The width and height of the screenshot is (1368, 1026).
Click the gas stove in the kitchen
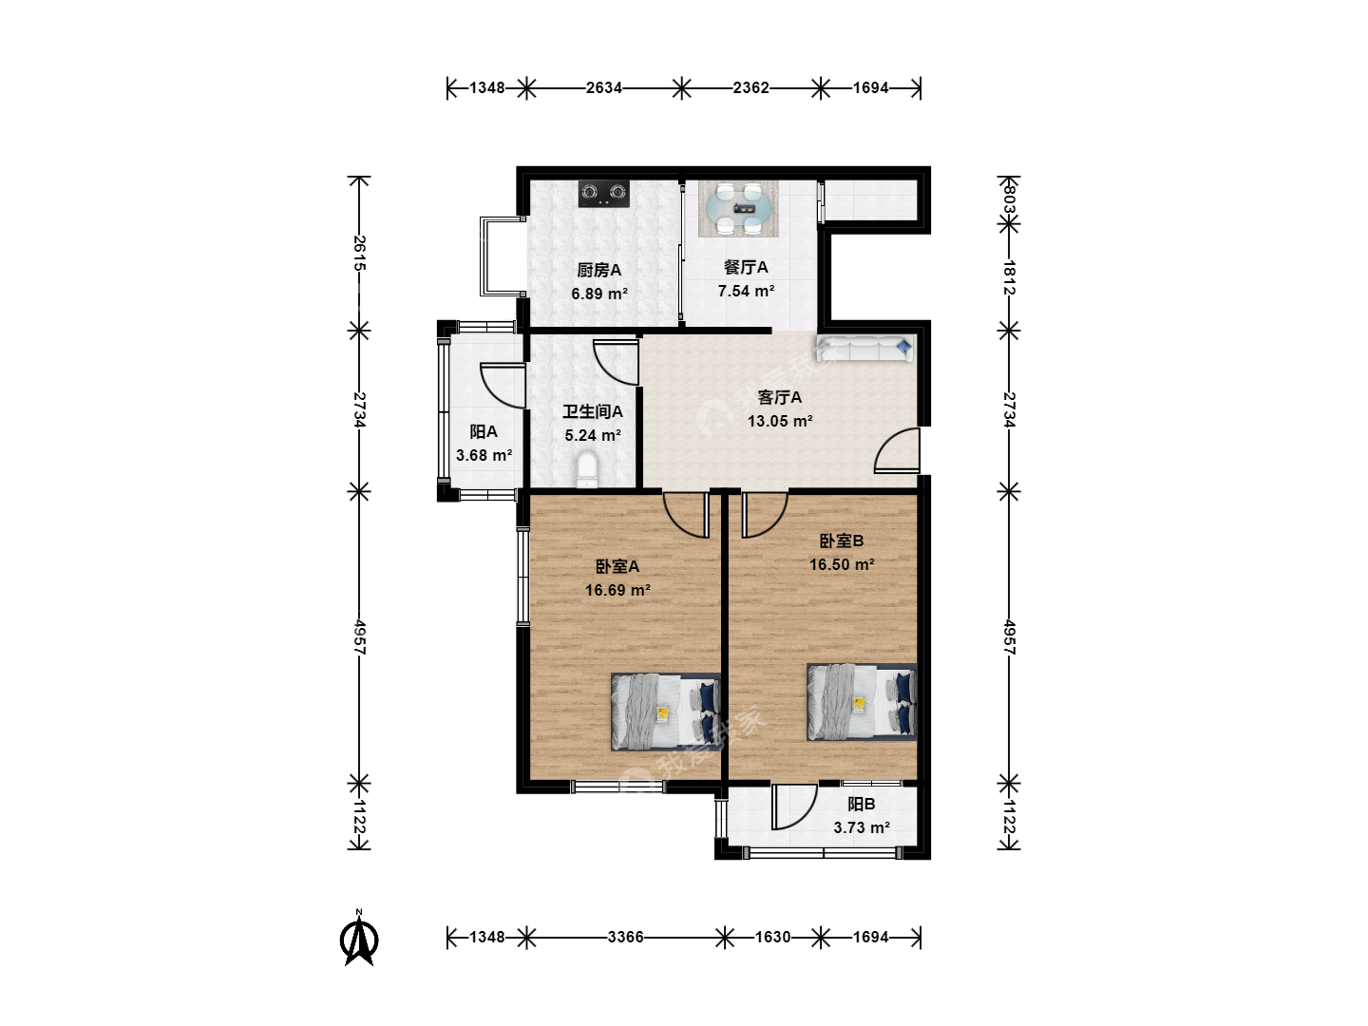click(x=603, y=193)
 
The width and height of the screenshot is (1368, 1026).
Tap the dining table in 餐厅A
click(x=738, y=209)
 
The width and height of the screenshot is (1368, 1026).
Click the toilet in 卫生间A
click(x=586, y=469)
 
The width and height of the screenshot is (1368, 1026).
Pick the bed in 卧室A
click(x=666, y=712)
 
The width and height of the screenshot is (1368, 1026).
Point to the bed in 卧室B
click(x=862, y=702)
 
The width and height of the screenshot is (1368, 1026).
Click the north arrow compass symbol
click(x=359, y=938)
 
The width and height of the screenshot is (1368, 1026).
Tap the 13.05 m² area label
click(x=780, y=421)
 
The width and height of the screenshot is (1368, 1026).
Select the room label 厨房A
click(x=598, y=270)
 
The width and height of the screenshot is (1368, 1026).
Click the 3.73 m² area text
click(x=862, y=827)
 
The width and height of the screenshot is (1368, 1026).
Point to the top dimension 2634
click(x=604, y=87)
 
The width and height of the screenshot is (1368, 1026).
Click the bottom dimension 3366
click(x=625, y=937)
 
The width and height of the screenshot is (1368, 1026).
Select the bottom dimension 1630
click(x=772, y=937)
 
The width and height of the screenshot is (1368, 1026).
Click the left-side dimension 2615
click(x=359, y=253)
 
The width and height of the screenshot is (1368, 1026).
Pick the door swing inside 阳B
click(x=794, y=807)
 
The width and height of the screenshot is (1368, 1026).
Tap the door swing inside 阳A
click(x=503, y=386)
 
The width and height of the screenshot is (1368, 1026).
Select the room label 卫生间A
click(x=593, y=411)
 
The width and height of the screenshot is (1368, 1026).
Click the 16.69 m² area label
click(x=617, y=590)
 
